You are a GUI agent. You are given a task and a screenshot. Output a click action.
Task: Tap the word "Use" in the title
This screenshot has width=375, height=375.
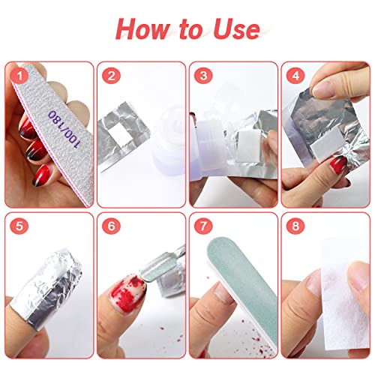click(x=235, y=29)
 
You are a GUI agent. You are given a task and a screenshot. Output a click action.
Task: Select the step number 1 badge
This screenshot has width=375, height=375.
click(x=19, y=76)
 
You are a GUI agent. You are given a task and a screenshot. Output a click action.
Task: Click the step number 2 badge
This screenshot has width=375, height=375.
click(x=111, y=76)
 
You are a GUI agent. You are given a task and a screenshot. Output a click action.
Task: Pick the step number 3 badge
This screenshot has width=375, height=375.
click(x=203, y=76)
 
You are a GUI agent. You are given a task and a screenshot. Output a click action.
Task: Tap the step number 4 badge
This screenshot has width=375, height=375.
click(x=295, y=76)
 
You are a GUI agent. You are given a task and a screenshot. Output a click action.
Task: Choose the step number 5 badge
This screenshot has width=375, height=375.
click(x=19, y=226)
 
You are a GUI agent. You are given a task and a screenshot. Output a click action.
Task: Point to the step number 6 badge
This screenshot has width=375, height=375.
click(x=111, y=226)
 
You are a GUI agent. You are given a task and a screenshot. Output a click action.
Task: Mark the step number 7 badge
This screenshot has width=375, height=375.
click(x=203, y=226)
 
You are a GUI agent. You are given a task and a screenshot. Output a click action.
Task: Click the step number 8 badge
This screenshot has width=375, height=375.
click(x=295, y=226)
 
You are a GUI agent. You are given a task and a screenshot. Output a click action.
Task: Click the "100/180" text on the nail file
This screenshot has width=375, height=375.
click(x=64, y=128)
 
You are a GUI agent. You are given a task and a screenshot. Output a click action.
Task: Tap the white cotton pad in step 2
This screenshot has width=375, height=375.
click(x=120, y=134)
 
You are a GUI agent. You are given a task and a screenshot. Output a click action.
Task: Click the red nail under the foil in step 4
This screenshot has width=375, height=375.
click(x=338, y=165)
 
